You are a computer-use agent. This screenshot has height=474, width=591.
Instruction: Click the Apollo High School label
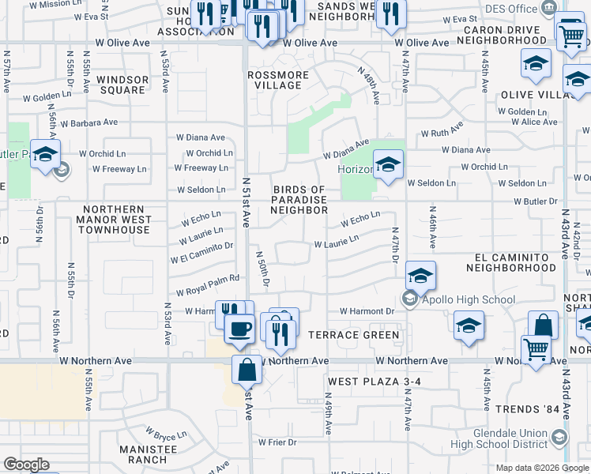(x=469, y=299)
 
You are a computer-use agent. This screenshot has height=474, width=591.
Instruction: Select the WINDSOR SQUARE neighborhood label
(x=122, y=85)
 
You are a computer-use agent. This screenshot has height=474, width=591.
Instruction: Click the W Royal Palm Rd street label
(x=208, y=292)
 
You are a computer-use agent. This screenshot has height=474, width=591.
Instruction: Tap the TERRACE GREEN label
(x=354, y=335)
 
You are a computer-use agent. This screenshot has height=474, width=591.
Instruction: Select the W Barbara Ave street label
(x=92, y=122)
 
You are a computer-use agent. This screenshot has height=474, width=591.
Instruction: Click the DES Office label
(x=510, y=9)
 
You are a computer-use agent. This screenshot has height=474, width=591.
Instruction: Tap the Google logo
(x=27, y=465)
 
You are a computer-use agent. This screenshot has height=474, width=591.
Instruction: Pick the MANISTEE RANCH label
(x=143, y=453)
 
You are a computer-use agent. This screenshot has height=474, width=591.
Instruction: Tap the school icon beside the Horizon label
(x=387, y=166)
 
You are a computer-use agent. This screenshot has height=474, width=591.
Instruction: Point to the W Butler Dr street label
(x=535, y=201)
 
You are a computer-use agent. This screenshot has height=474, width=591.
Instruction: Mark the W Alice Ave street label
(x=534, y=122)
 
